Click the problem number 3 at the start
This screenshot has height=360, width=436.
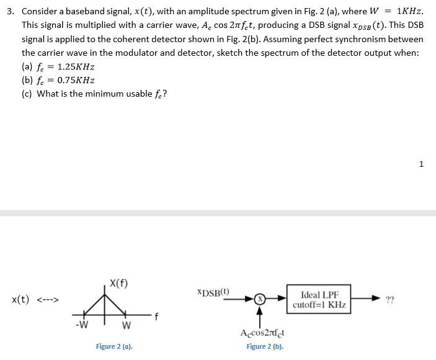[11, 11]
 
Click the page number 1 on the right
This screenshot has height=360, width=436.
[422, 164]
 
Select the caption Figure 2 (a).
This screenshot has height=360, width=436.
[114, 346]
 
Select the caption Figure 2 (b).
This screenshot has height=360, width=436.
[265, 346]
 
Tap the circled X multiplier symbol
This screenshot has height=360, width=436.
[261, 299]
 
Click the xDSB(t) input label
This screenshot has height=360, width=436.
[213, 291]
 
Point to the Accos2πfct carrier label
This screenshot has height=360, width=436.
[262, 333]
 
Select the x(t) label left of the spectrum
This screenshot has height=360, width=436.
[21, 300]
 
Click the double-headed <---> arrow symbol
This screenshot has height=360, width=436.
[47, 301]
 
